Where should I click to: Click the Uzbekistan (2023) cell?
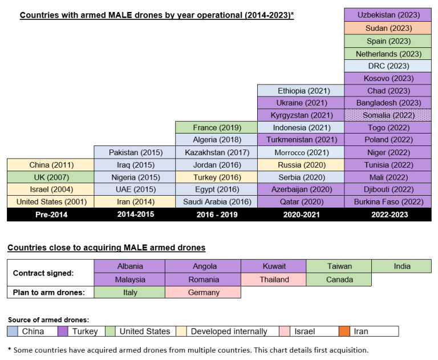coord(388,15)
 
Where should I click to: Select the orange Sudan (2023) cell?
coord(388,28)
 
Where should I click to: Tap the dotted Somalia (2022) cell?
coord(388,115)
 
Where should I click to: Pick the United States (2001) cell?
coord(50,201)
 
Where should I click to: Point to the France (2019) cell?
coord(217,127)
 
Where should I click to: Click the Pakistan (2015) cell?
coord(136,152)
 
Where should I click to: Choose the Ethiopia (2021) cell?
coord(301,91)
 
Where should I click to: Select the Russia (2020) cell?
coord(301,165)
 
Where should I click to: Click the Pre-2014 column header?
coord(50,215)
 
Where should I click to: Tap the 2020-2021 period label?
coord(301,215)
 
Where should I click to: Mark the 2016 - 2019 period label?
coord(217,215)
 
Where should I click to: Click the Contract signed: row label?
coord(43,273)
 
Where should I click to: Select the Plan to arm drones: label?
coord(48,292)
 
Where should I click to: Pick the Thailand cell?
coord(273,280)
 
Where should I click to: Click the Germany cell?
coord(203,292)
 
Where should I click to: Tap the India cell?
coord(401,266)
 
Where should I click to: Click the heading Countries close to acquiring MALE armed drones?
coord(106,248)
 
